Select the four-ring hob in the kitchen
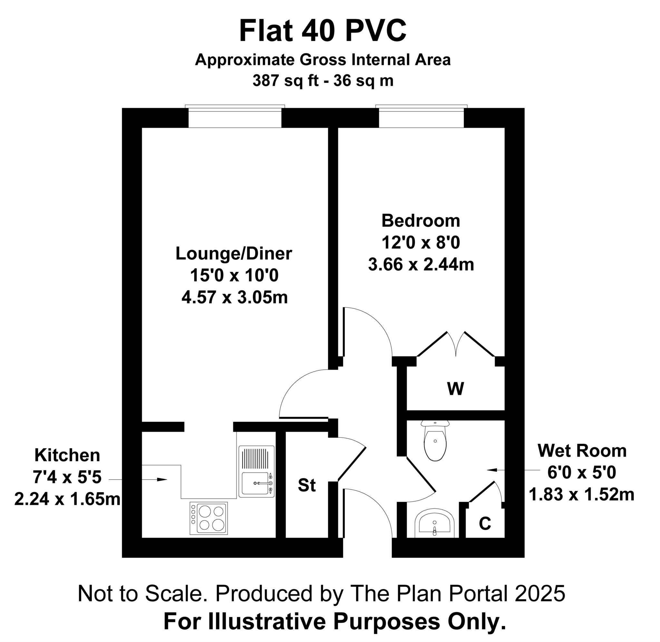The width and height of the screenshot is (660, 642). pos(209,518)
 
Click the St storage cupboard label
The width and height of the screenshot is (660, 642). pos(307,486)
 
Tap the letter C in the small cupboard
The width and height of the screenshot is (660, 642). pos(485,524)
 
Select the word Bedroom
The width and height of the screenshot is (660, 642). pos(421,221)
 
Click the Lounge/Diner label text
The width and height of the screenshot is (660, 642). pos(234,254)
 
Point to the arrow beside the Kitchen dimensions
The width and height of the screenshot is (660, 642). pos(138,479)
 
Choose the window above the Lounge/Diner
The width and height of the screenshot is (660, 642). pos(235,116)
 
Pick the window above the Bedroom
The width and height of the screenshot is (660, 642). pos(422,116)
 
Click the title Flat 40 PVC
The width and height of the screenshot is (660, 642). pos(323,31)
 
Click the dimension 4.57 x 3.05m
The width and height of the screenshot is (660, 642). pos(235,297)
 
